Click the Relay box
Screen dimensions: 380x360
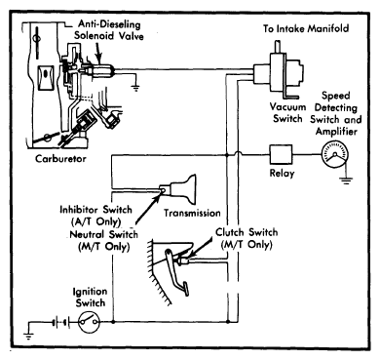[281, 154]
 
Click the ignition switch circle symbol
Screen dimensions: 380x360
[89, 322]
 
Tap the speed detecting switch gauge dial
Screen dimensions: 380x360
[334, 154]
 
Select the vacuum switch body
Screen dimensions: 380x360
[280, 72]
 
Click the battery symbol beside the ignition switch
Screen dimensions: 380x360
[60, 322]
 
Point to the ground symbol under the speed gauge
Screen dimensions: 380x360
[346, 180]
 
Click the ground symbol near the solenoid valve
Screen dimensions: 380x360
[135, 87]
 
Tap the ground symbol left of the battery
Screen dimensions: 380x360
[28, 336]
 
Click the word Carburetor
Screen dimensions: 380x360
[60, 159]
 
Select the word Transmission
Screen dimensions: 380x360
[192, 213]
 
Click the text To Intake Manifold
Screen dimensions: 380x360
[306, 28]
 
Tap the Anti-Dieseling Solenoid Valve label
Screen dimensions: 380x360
[109, 30]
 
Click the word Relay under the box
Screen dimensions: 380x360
[282, 173]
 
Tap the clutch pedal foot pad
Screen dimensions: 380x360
[186, 289]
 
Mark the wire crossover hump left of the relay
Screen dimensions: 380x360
[238, 153]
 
